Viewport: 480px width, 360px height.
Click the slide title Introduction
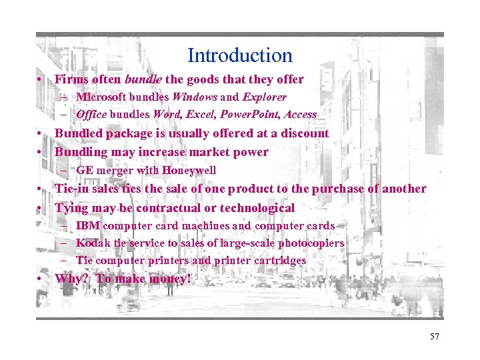pos(240,55)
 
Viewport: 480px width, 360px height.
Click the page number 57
pos(435,336)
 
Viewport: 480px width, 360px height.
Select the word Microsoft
pos(101,97)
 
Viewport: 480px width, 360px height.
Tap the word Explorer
pos(246,97)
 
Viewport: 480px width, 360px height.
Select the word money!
pos(169,279)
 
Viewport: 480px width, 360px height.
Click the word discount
pos(305,133)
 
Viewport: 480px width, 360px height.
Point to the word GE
pos(85,170)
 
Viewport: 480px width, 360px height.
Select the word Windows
pos(191,97)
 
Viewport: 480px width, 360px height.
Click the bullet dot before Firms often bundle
pos(41,80)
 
